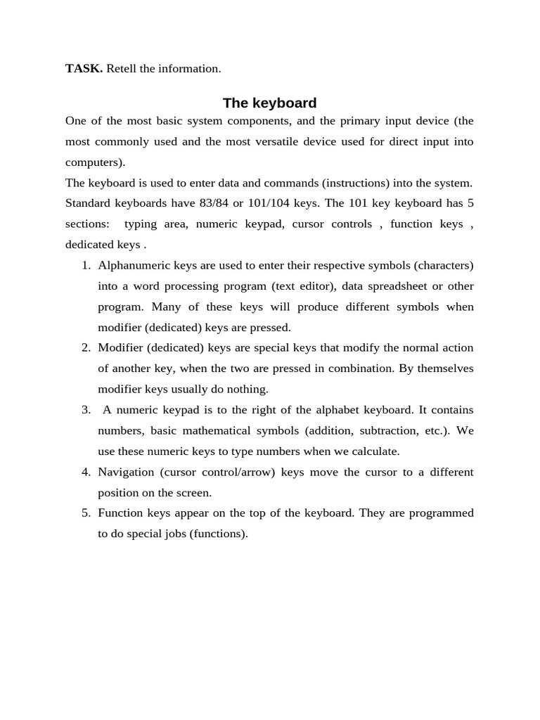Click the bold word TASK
pyautogui.click(x=84, y=69)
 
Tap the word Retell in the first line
pyautogui.click(x=121, y=69)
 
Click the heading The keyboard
pyautogui.click(x=269, y=103)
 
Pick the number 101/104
pyautogui.click(x=271, y=203)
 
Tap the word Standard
pyautogui.click(x=91, y=203)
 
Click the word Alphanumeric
pyautogui.click(x=133, y=265)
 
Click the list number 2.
pyautogui.click(x=86, y=348)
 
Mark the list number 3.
pyautogui.click(x=86, y=410)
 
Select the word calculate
pyautogui.click(x=373, y=451)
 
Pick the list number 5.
pyautogui.click(x=86, y=513)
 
